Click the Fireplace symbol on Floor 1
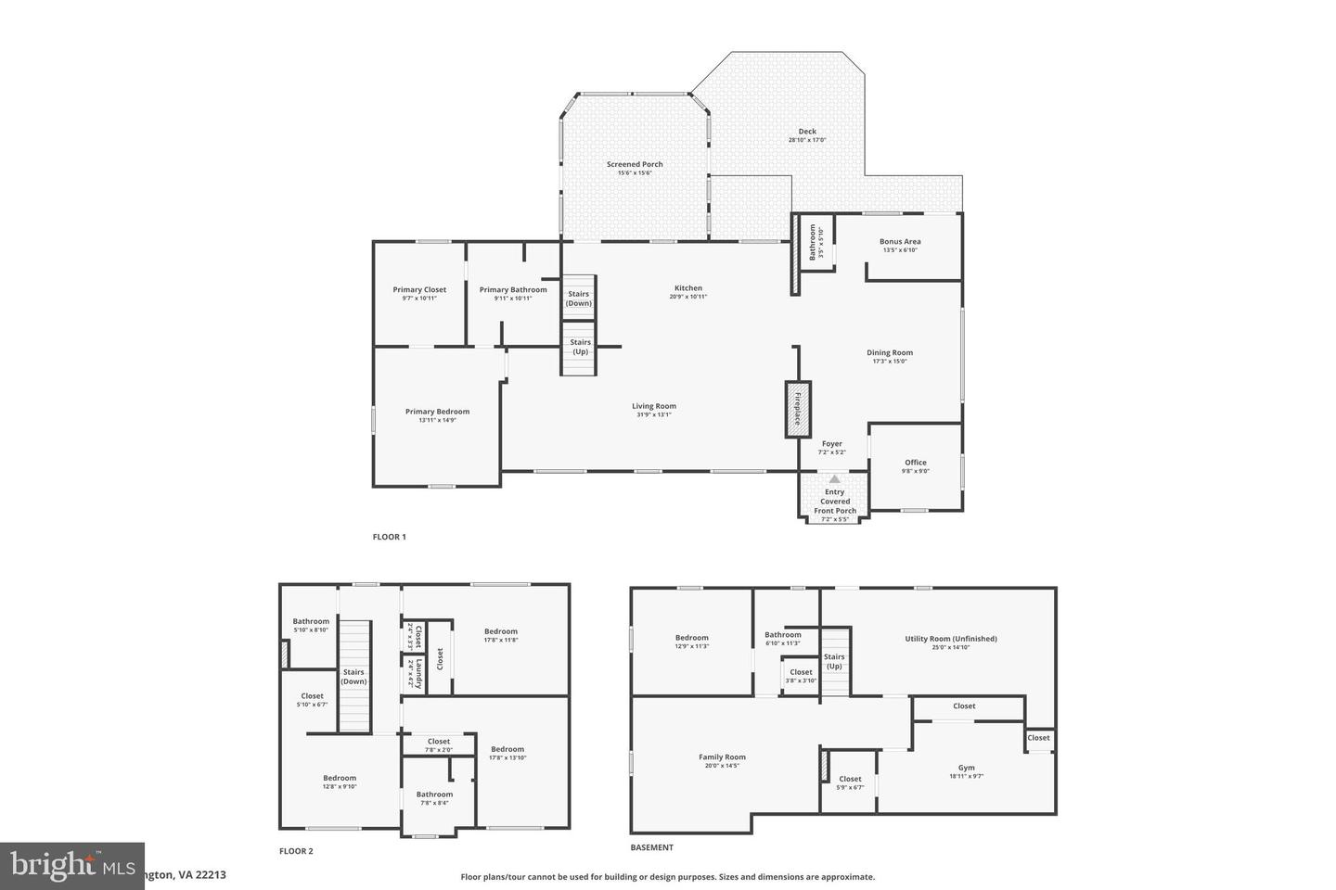[797, 409]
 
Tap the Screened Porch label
[635, 164]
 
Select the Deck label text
[807, 132]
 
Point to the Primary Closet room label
[419, 290]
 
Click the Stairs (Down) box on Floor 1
[579, 298]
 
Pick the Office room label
[916, 463]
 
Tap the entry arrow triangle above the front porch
[834, 478]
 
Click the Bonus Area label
[900, 242]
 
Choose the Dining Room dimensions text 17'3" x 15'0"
[890, 362]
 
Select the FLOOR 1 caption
[390, 537]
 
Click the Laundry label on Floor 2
[418, 674]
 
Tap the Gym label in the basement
[966, 769]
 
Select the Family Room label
[722, 757]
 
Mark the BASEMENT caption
[652, 847]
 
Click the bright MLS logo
[58, 866]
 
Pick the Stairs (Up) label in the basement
[834, 661]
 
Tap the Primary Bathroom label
[513, 290]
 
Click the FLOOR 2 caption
[297, 851]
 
